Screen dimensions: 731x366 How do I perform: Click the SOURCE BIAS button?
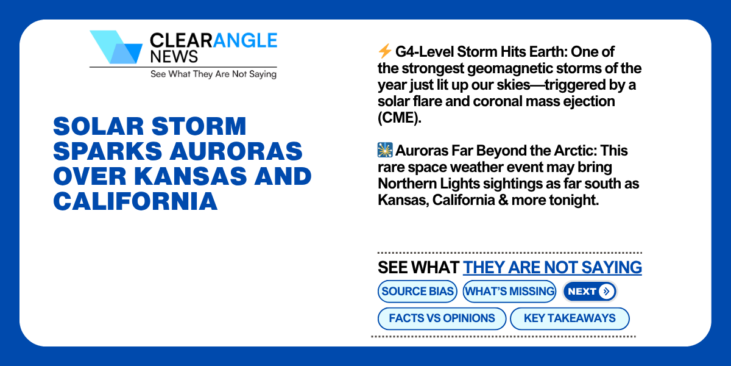pyautogui.click(x=417, y=291)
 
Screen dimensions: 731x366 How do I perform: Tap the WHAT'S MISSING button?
pyautogui.click(x=509, y=291)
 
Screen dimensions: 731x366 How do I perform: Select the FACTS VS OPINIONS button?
pyautogui.click(x=442, y=318)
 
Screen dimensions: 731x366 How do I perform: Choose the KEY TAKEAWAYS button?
pyautogui.click(x=570, y=318)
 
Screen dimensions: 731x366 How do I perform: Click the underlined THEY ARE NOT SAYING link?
pyautogui.click(x=552, y=267)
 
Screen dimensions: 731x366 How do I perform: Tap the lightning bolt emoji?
pyautogui.click(x=385, y=51)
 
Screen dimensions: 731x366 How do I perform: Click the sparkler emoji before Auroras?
pyautogui.click(x=385, y=150)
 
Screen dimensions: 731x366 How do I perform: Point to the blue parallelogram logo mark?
pyautogui.click(x=116, y=47)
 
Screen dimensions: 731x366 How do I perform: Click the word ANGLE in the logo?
pyautogui.click(x=245, y=40)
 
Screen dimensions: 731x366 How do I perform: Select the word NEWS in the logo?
pyautogui.click(x=174, y=57)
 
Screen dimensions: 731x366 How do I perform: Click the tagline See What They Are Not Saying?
pyautogui.click(x=213, y=74)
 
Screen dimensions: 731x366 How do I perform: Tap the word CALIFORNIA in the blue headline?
pyautogui.click(x=135, y=201)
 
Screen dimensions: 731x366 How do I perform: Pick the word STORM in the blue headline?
pyautogui.click(x=199, y=126)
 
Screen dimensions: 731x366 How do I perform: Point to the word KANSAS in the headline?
pyautogui.click(x=191, y=176)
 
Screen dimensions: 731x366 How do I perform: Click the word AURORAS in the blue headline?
pyautogui.click(x=236, y=151)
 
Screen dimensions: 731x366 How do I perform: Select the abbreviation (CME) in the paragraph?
pyautogui.click(x=400, y=118)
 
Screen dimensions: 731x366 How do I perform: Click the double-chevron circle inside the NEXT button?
pyautogui.click(x=606, y=291)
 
